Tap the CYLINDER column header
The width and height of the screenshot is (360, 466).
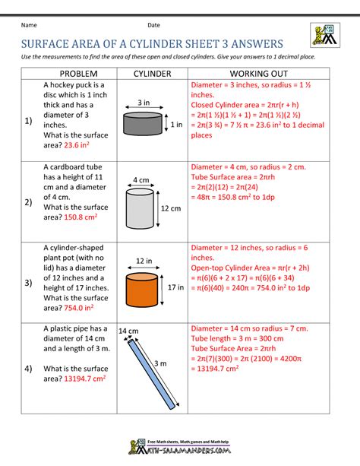(x=153, y=74)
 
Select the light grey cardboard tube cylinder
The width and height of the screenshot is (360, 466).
(x=142, y=208)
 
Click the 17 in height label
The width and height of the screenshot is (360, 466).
(x=175, y=288)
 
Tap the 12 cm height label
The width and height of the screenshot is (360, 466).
(x=171, y=208)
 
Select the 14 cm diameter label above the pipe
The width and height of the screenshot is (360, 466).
(x=128, y=331)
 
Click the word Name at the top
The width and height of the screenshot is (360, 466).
(x=31, y=25)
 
